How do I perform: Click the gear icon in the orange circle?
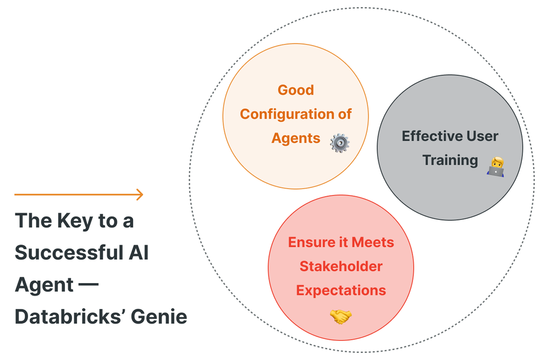tap(339, 143)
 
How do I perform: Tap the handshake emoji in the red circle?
tap(340, 316)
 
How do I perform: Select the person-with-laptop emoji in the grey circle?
tap(496, 166)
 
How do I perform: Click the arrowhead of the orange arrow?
tap(140, 194)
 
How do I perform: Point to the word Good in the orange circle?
tap(296, 90)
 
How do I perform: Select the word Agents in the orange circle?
tap(296, 138)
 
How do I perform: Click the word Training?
tap(450, 160)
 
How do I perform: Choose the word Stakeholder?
tap(340, 267)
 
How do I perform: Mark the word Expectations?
tap(340, 290)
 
